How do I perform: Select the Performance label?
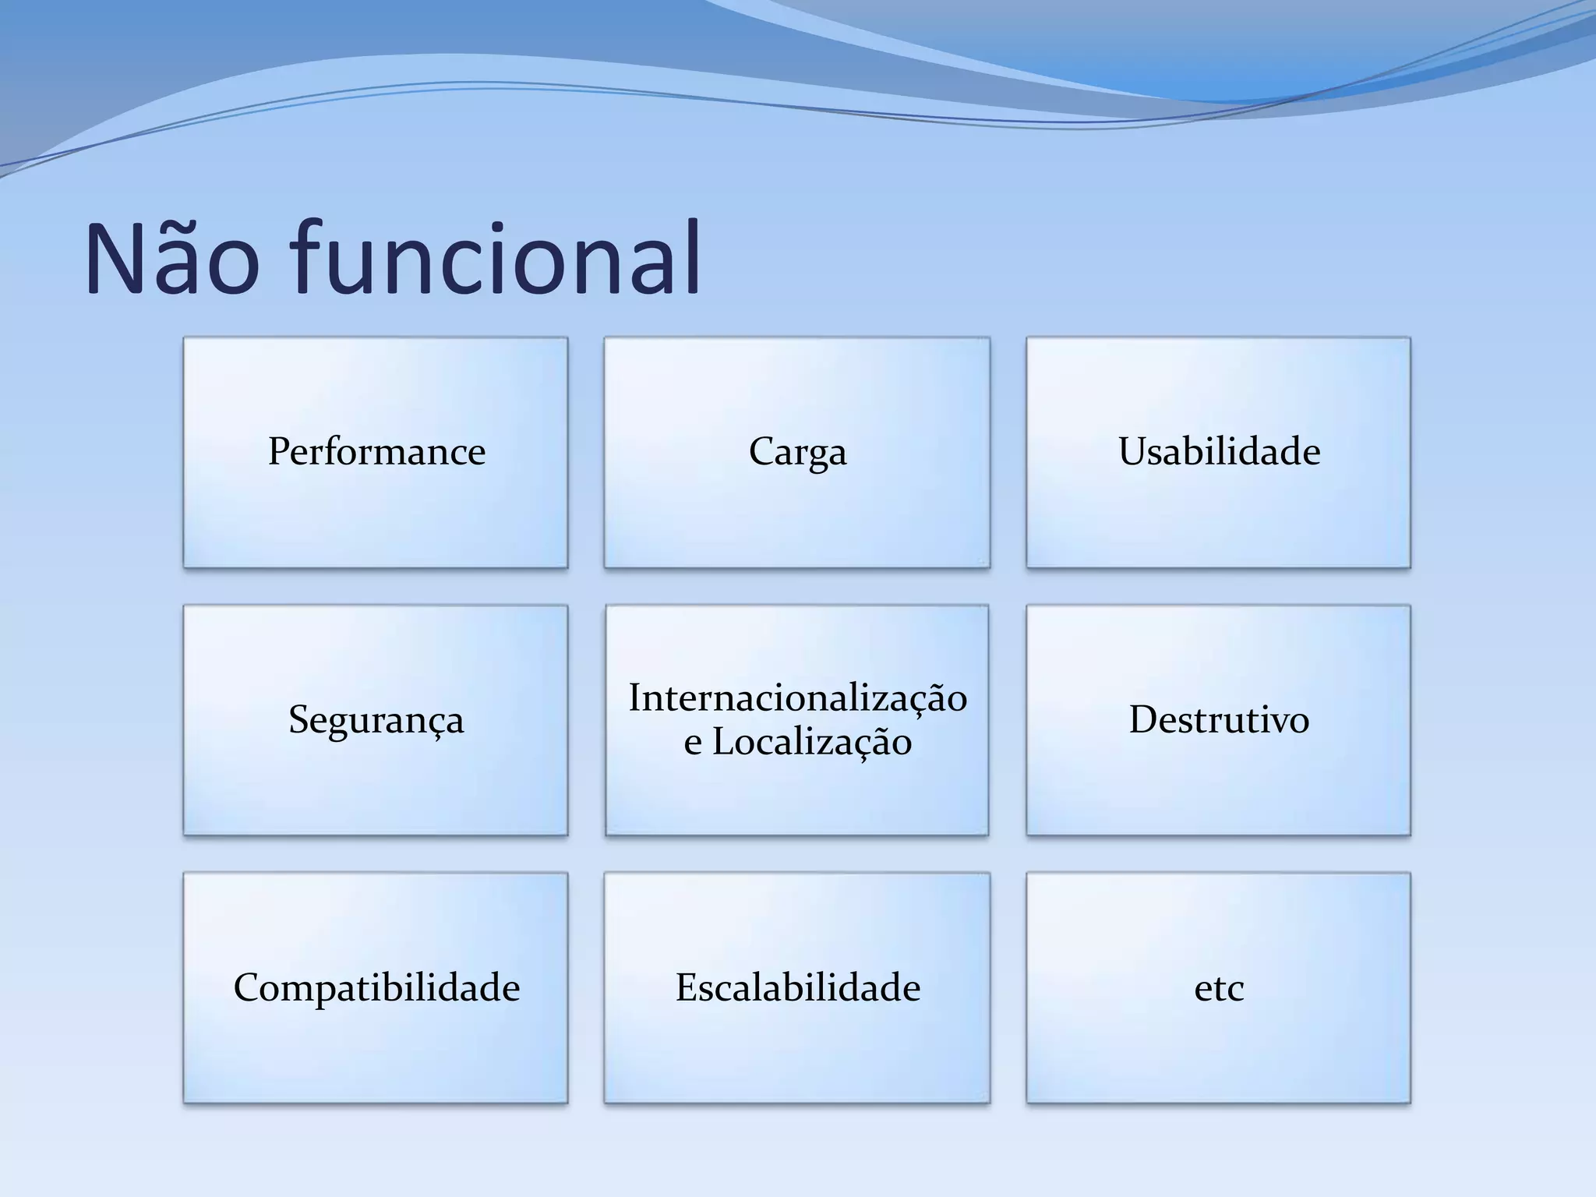click(376, 451)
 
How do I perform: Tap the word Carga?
click(797, 452)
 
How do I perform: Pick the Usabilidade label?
click(1219, 451)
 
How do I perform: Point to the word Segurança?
click(376, 719)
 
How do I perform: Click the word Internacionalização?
click(797, 697)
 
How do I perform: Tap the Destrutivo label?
click(1219, 719)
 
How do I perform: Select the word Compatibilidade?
click(376, 988)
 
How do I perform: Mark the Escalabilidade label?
click(797, 987)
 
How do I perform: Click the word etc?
click(1219, 988)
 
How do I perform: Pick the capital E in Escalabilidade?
click(687, 987)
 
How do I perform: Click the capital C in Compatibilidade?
click(248, 988)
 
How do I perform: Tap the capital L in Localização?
click(724, 741)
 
